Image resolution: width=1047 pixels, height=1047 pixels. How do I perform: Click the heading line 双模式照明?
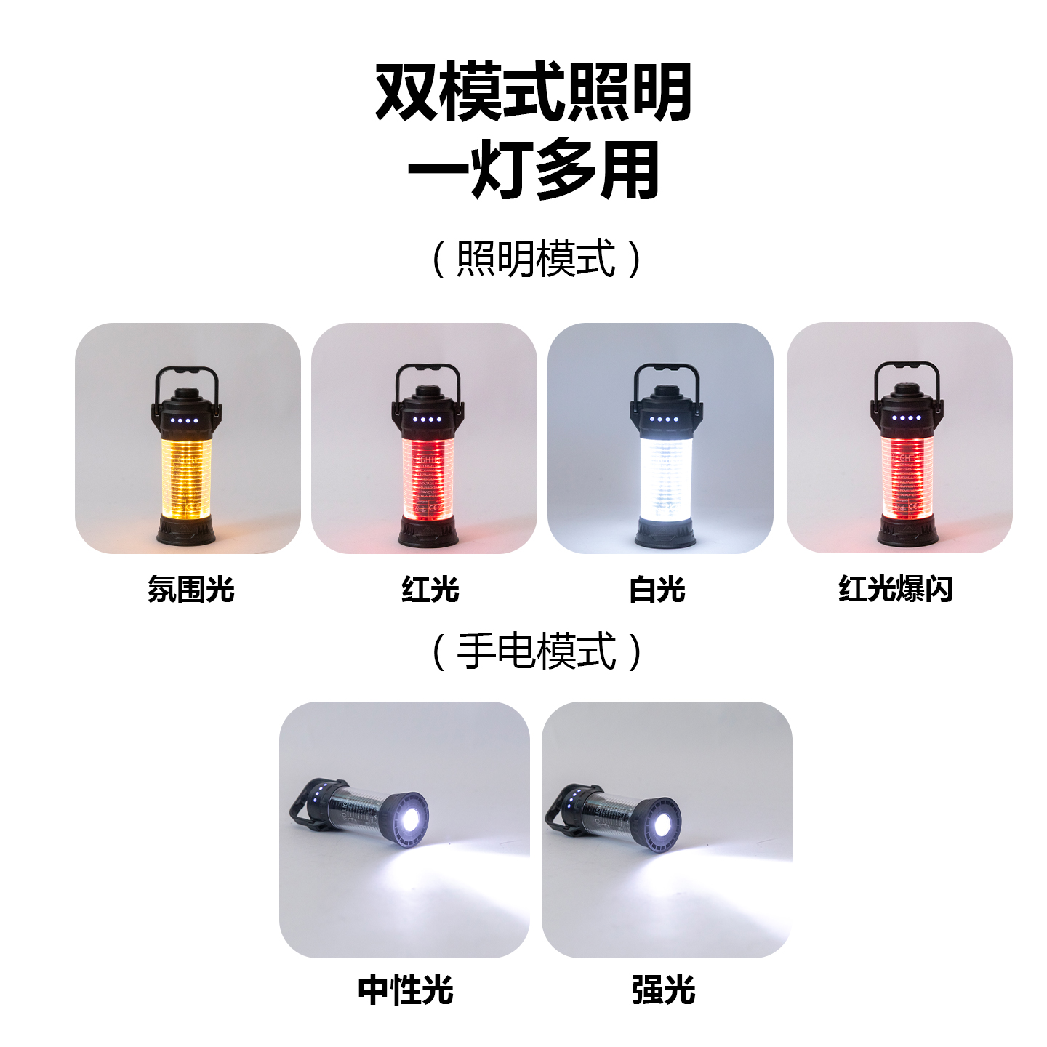(533, 92)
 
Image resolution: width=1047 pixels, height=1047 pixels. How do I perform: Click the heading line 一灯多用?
(533, 170)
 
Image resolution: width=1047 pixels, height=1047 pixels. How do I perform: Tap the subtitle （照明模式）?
(537, 259)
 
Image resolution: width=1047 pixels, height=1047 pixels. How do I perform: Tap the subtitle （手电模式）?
(537, 651)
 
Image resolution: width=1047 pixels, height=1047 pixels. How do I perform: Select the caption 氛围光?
(190, 589)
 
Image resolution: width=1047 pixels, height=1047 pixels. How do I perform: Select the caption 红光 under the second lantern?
(430, 589)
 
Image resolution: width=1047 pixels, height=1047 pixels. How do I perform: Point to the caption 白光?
(657, 589)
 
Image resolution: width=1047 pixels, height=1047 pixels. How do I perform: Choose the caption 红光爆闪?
(896, 589)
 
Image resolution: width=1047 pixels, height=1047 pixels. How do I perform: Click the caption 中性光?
(406, 990)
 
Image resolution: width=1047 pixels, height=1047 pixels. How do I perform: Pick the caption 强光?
(664, 990)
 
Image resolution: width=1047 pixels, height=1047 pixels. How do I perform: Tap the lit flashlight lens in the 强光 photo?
(662, 825)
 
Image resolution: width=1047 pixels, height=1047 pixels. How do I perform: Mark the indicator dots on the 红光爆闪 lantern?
(906, 418)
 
